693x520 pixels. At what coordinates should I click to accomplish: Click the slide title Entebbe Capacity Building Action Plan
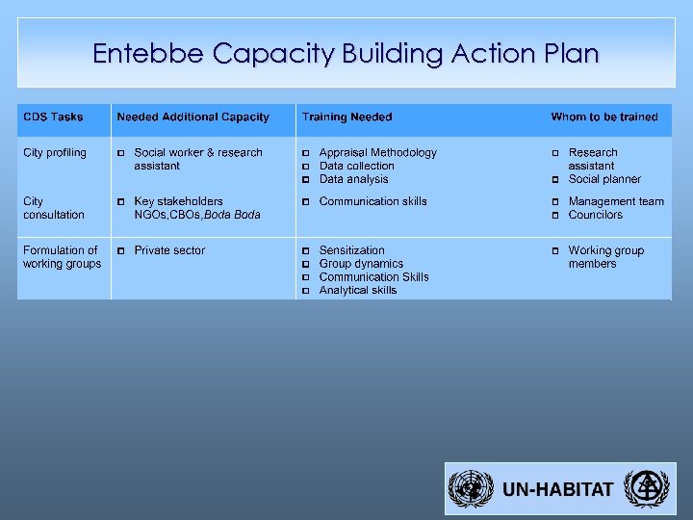[x=346, y=53]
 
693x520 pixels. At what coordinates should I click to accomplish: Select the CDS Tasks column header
[x=53, y=117]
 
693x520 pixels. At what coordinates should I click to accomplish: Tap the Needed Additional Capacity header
[x=192, y=117]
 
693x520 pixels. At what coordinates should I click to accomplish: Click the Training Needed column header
[x=346, y=117]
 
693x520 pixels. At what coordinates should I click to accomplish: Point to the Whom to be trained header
[x=604, y=117]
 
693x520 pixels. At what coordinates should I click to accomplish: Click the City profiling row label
[x=55, y=153]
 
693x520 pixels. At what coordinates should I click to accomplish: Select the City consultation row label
[x=54, y=208]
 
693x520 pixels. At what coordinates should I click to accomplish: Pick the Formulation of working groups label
[x=62, y=257]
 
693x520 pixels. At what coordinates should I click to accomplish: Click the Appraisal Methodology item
[x=377, y=153]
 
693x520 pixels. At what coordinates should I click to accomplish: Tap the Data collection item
[x=356, y=167]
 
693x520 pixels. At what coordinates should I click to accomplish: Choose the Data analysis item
[x=353, y=179]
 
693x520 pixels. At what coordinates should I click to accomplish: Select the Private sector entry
[x=169, y=250]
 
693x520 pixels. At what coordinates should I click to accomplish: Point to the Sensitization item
[x=351, y=250]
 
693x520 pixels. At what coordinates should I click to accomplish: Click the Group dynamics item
[x=361, y=264]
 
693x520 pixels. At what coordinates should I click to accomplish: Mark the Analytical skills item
[x=357, y=290]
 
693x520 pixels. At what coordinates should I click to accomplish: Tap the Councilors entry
[x=595, y=215]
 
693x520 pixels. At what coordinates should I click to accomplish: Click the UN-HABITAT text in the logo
[x=557, y=489]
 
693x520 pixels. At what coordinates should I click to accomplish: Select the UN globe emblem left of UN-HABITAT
[x=472, y=489]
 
